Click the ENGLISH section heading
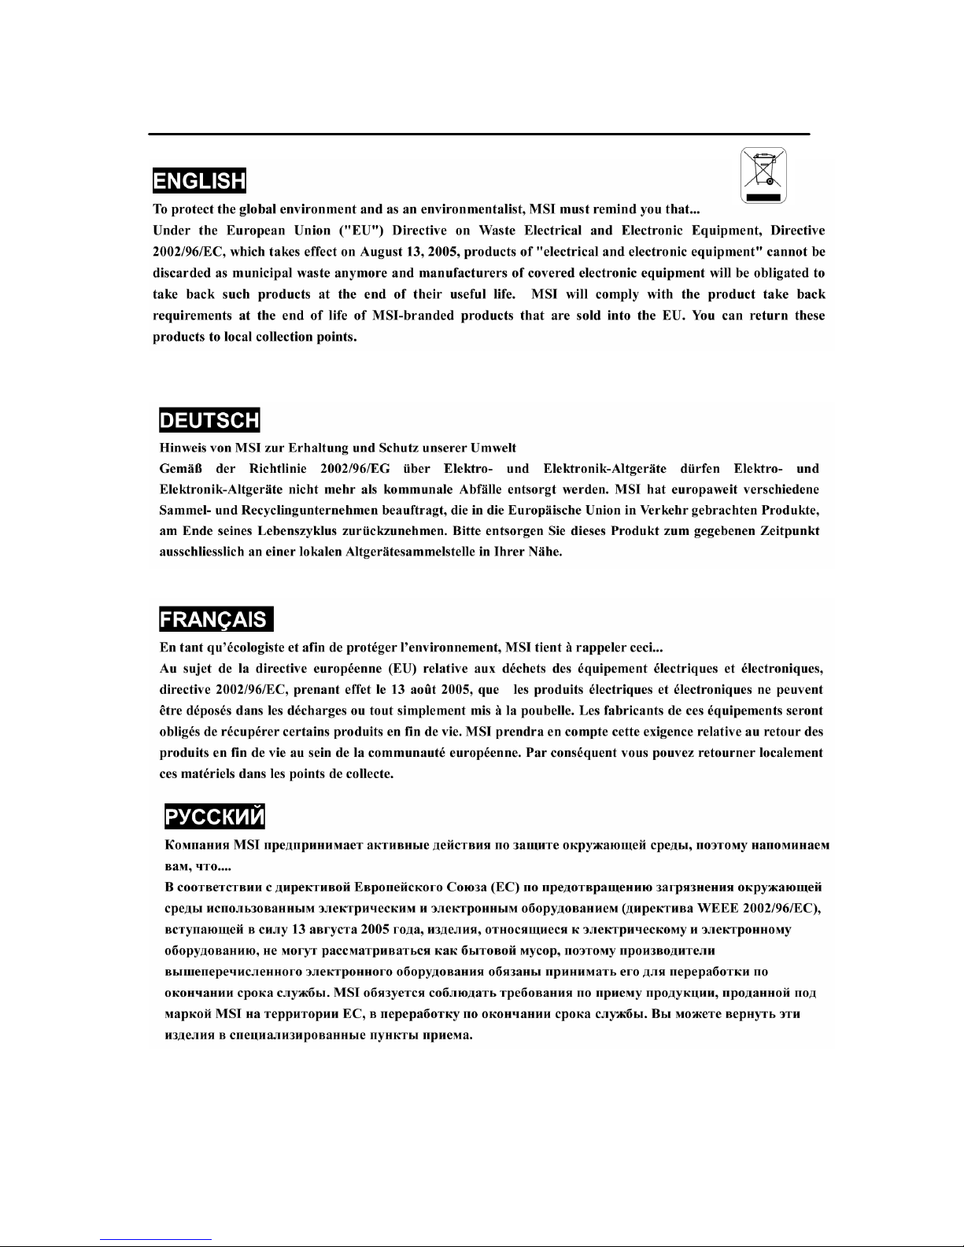point(200,181)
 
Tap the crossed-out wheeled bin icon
point(763,176)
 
